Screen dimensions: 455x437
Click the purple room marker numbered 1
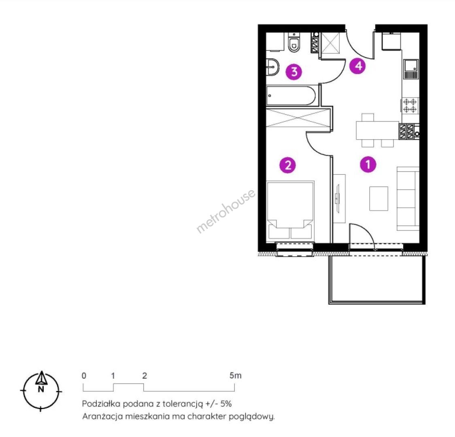pyautogui.click(x=368, y=164)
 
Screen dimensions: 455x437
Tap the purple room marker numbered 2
pyautogui.click(x=287, y=165)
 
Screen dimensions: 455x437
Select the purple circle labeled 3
pyautogui.click(x=294, y=71)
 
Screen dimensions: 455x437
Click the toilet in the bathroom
pyautogui.click(x=294, y=42)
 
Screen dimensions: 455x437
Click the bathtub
pyautogui.click(x=291, y=95)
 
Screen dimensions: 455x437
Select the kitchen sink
pyautogui.click(x=410, y=69)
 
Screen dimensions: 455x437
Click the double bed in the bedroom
pyautogui.click(x=291, y=210)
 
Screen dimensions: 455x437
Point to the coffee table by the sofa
pyautogui.click(x=378, y=199)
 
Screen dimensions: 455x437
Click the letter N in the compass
pyautogui.click(x=41, y=389)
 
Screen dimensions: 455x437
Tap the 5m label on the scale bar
pyautogui.click(x=235, y=375)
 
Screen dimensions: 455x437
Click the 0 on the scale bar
pyautogui.click(x=84, y=376)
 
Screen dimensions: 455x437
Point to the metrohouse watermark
pyautogui.click(x=226, y=211)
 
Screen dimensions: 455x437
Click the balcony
pyautogui.click(x=377, y=280)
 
